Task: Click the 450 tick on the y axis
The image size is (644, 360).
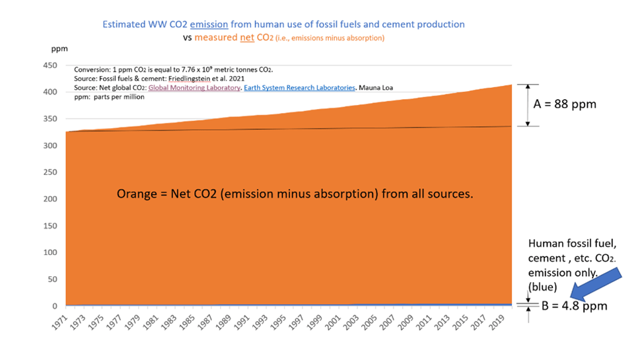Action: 50,65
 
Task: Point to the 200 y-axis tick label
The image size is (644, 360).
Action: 50,199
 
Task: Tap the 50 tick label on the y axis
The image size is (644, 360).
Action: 53,279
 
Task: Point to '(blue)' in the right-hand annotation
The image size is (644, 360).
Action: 542,287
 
